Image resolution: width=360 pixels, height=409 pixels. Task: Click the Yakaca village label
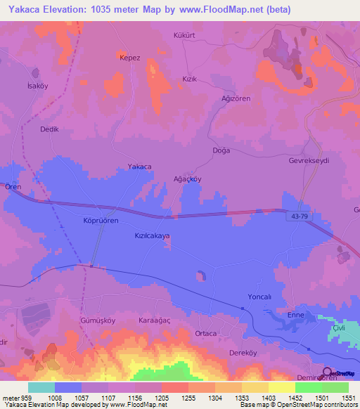pyautogui.click(x=139, y=167)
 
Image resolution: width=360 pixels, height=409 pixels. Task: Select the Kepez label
pyautogui.click(x=130, y=58)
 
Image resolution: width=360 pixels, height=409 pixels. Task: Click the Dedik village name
pyautogui.click(x=49, y=129)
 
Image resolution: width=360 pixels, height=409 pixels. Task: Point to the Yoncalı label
pyautogui.click(x=259, y=297)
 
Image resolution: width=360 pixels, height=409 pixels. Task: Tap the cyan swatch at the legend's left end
pyautogui.click(x=41, y=387)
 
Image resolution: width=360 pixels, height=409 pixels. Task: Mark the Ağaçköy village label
pyautogui.click(x=187, y=179)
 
